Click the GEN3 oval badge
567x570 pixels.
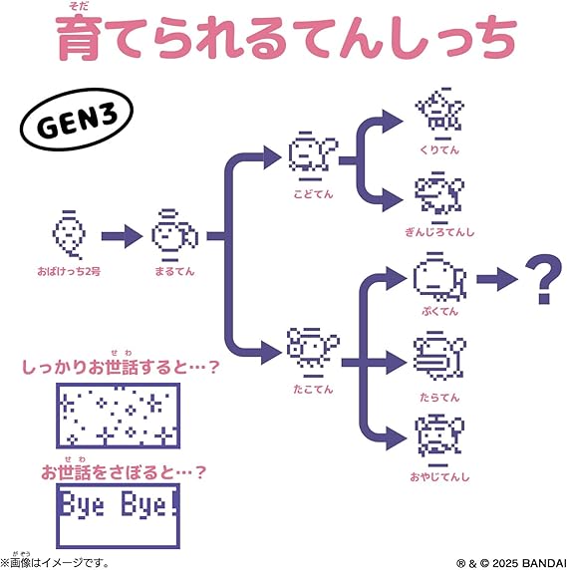(77, 120)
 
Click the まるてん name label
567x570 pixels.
(174, 272)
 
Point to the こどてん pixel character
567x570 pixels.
(313, 156)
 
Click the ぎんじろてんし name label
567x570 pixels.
(439, 232)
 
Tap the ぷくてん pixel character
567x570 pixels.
(440, 277)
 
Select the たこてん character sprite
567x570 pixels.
(313, 353)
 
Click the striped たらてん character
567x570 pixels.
(439, 357)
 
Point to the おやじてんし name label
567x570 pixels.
(439, 476)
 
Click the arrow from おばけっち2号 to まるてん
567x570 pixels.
(122, 236)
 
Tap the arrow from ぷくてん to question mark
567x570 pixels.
(497, 279)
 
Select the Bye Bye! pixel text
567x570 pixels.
(120, 504)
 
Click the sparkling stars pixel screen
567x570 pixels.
(119, 416)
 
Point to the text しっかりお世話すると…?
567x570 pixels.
(121, 367)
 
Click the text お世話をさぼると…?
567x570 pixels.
(124, 472)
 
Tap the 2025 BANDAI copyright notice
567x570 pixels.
(511, 563)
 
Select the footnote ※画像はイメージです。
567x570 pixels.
(55, 563)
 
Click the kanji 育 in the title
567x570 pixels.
(78, 38)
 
